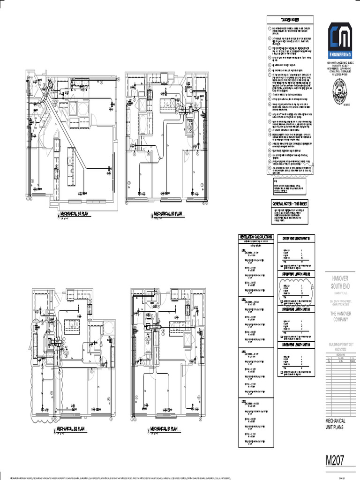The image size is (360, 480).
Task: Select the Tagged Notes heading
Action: click(290, 19)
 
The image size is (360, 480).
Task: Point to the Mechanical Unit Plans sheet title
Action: click(336, 424)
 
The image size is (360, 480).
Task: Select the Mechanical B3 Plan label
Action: click(168, 215)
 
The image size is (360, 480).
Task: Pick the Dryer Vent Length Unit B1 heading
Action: click(298, 238)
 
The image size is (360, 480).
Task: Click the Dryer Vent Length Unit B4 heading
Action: click(298, 345)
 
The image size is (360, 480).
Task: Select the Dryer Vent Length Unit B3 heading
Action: click(298, 309)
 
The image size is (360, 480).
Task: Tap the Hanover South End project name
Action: click(339, 282)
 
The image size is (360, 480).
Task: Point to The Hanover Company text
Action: click(339, 316)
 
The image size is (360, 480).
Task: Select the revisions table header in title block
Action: click(340, 356)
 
